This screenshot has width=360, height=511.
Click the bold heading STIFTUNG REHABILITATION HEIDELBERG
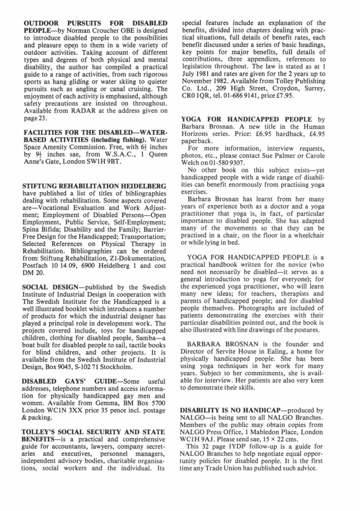(x=95, y=186)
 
